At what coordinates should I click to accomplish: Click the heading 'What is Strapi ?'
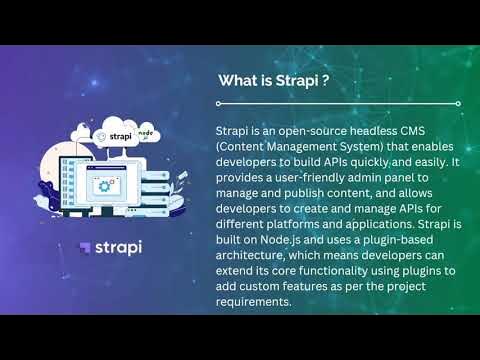click(275, 80)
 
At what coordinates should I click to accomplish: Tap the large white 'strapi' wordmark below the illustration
click(118, 247)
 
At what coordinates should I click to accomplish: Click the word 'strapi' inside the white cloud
click(119, 134)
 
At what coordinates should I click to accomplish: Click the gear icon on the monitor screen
click(104, 186)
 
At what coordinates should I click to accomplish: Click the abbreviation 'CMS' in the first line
click(440, 131)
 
